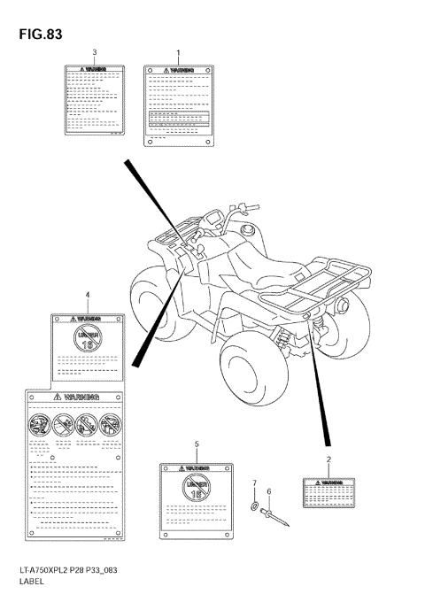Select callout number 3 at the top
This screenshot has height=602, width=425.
pyautogui.click(x=95, y=53)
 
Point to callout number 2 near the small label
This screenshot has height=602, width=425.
pyautogui.click(x=328, y=459)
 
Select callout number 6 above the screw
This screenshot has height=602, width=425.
pyautogui.click(x=269, y=491)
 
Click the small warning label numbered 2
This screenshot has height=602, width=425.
pyautogui.click(x=328, y=492)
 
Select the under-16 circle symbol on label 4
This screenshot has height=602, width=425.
pyautogui.click(x=87, y=340)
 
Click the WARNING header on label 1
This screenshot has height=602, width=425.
pyautogui.click(x=181, y=68)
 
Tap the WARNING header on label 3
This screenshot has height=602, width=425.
pyautogui.click(x=95, y=68)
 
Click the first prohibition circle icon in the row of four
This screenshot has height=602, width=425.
pyautogui.click(x=41, y=425)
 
